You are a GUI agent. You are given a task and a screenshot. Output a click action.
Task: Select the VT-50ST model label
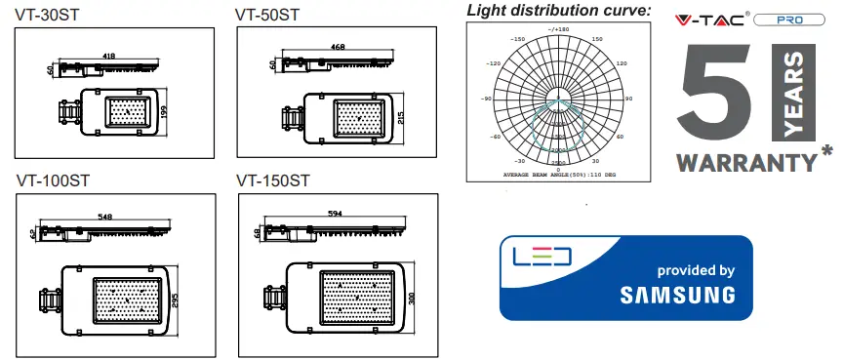(x=267, y=15)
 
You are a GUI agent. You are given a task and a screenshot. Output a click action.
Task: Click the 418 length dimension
(x=107, y=57)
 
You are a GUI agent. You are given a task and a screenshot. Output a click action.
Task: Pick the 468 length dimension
(x=339, y=47)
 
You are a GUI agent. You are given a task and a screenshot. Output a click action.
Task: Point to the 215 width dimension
(x=399, y=118)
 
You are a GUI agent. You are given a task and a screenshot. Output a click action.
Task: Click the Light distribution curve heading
(x=557, y=11)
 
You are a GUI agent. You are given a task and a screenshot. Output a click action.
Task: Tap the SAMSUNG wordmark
(x=677, y=295)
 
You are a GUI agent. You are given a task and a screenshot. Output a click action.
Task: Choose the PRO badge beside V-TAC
(x=785, y=20)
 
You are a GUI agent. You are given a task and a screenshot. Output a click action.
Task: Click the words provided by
(x=696, y=269)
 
